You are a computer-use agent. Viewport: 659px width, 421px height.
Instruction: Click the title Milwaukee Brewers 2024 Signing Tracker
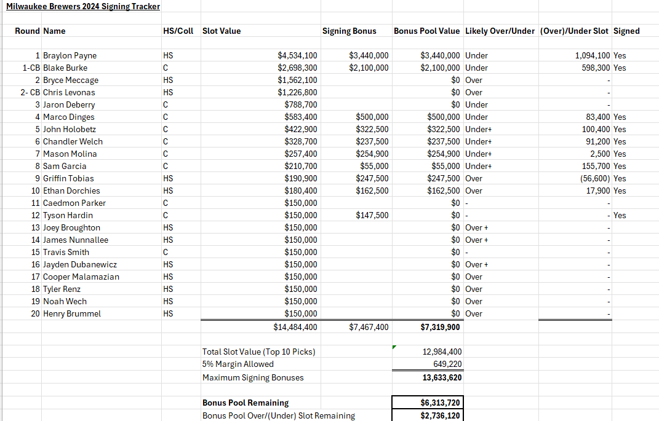coord(83,7)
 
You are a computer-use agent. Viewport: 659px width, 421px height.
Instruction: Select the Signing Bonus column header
coord(349,31)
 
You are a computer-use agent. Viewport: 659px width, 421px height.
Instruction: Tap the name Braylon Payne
coord(70,55)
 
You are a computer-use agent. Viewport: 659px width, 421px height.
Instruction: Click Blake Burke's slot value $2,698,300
coord(297,68)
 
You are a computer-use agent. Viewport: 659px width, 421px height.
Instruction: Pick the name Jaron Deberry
coord(69,104)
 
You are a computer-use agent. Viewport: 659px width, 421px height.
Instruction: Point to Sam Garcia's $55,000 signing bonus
coord(374,166)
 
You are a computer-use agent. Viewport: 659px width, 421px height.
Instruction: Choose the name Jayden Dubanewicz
coord(80,264)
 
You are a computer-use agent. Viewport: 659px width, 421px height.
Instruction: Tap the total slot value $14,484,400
coord(295,327)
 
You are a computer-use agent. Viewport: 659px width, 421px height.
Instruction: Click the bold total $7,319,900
coord(440,327)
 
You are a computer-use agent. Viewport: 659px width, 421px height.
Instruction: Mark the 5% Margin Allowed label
coord(238,364)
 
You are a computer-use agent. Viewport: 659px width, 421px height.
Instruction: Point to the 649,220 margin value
coord(447,364)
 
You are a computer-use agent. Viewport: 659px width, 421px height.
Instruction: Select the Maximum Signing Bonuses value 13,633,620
coord(442,377)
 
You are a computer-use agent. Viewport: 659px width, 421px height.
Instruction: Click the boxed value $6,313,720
coord(441,403)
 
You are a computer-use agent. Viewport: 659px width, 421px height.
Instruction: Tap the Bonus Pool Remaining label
coord(246,403)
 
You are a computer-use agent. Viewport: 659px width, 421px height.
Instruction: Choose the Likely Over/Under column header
coord(500,31)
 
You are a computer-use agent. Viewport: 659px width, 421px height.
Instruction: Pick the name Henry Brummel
coord(72,313)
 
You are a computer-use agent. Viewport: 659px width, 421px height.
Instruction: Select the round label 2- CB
coord(28,92)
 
